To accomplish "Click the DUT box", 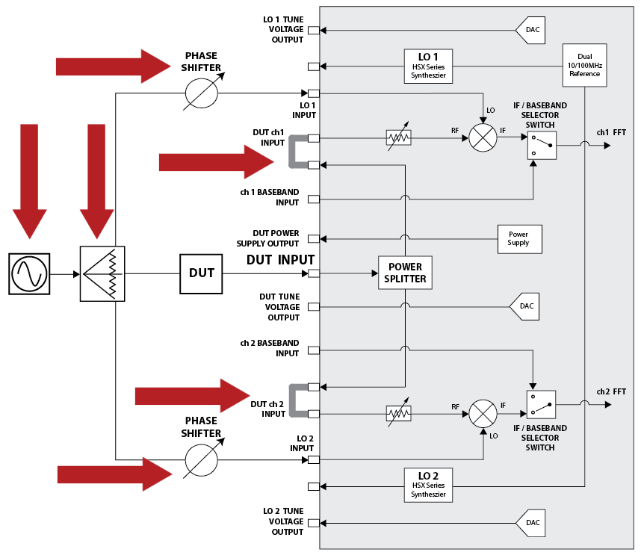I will pyautogui.click(x=202, y=273).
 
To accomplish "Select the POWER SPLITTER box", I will pyautogui.click(x=406, y=273).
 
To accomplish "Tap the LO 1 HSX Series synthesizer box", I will pyautogui.click(x=429, y=66).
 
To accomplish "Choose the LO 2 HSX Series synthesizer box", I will pyautogui.click(x=429, y=485).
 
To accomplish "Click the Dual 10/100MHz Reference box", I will pyautogui.click(x=584, y=65).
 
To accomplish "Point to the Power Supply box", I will pyautogui.click(x=518, y=238).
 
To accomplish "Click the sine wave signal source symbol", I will pyautogui.click(x=28, y=273).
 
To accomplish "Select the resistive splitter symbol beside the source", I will pyautogui.click(x=102, y=273).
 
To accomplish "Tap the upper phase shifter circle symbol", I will pyautogui.click(x=202, y=93).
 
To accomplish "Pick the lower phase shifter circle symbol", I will pyautogui.click(x=202, y=459).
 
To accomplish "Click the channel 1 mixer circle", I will pyautogui.click(x=483, y=138).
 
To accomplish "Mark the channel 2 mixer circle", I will pyautogui.click(x=483, y=414).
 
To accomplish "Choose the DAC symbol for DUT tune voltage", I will pyautogui.click(x=524, y=306).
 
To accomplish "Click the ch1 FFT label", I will pyautogui.click(x=611, y=132).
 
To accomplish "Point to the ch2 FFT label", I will pyautogui.click(x=611, y=391).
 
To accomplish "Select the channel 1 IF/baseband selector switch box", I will pyautogui.click(x=541, y=145).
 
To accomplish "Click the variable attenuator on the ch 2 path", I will pyautogui.click(x=399, y=414).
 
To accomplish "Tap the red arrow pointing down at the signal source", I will pyautogui.click(x=29, y=179).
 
